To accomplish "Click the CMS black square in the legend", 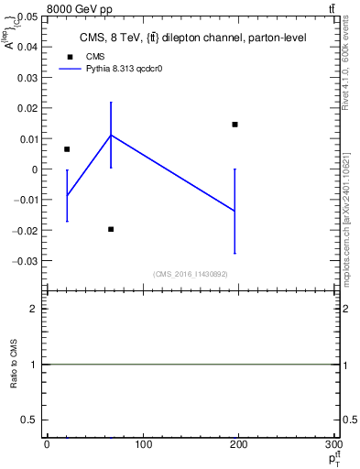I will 70,56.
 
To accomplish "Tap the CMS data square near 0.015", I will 235,125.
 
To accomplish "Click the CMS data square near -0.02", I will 111,229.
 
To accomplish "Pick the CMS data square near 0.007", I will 67,149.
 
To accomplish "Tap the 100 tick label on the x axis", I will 143,444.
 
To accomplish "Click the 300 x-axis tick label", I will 332,444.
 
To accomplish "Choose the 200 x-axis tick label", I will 237,444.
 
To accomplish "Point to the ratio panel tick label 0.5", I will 31,420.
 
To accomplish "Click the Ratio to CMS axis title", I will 14,365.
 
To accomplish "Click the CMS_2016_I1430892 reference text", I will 191,274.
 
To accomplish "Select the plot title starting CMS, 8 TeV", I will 191,38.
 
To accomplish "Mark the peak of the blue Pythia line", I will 111,135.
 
